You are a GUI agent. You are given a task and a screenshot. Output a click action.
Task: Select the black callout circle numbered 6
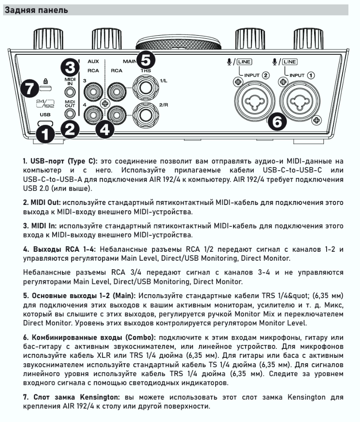click(277, 122)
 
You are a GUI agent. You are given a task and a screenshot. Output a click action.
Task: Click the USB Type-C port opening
click(45, 123)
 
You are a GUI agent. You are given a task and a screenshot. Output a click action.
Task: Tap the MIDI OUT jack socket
click(69, 114)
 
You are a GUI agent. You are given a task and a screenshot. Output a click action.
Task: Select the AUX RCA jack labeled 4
click(94, 113)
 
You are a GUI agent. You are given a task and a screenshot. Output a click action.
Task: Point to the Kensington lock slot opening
click(45, 87)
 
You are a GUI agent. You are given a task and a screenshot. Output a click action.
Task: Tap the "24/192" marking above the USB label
click(45, 105)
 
